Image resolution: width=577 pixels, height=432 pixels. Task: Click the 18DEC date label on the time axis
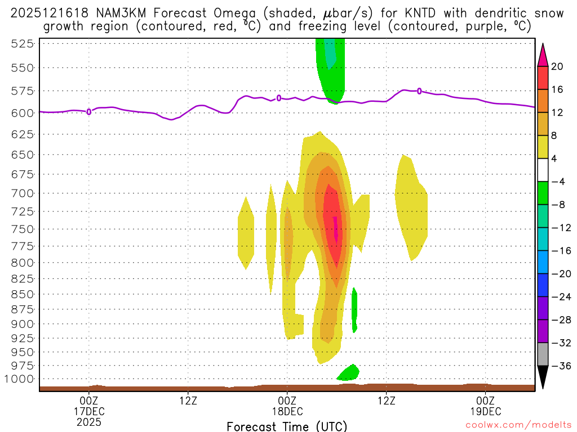tap(287, 411)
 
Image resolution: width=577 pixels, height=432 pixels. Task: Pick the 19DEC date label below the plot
tap(485, 411)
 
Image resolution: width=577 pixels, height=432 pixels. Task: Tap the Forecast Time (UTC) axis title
tap(287, 426)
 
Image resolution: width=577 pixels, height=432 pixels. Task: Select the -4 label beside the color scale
tap(557, 182)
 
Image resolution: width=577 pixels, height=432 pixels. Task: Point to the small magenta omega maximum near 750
tap(336, 228)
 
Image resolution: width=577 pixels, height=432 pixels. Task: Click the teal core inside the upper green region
tap(330, 53)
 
